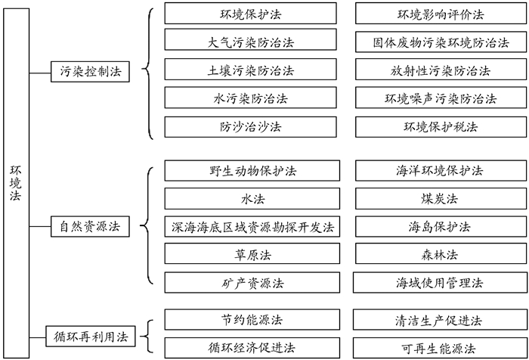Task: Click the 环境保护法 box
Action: [x=250, y=14]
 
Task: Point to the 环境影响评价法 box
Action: [x=441, y=14]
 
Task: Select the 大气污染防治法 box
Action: [x=250, y=42]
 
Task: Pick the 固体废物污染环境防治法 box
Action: [x=441, y=42]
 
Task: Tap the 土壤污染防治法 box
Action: [x=250, y=71]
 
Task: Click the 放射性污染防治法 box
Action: [x=441, y=71]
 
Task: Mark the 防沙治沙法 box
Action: [x=250, y=127]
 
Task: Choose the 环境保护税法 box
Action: [x=441, y=127]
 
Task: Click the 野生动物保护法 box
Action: [x=250, y=169]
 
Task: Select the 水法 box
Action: [x=250, y=198]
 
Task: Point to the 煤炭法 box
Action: [x=441, y=198]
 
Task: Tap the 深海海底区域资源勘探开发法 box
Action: [x=250, y=226]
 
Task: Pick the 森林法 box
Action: [x=441, y=255]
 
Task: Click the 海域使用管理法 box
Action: [x=441, y=283]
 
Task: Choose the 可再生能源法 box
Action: [x=441, y=347]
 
